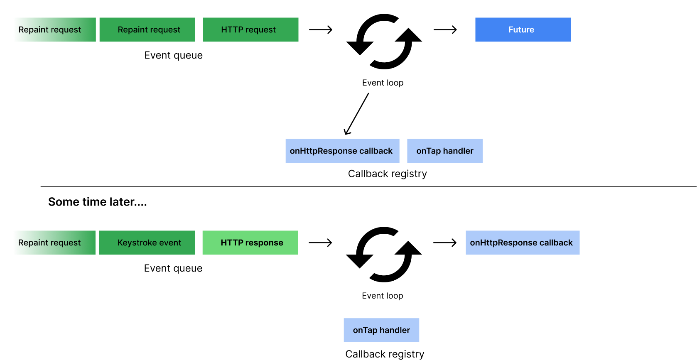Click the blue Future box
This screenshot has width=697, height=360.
[523, 29]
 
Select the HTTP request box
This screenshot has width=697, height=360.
[250, 29]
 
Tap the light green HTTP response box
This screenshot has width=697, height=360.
[250, 242]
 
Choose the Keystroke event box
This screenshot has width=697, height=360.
[147, 242]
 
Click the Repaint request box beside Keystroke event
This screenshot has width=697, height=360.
[54, 242]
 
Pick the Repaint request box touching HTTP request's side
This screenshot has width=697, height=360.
[147, 29]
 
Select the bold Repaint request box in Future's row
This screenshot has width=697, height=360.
[55, 29]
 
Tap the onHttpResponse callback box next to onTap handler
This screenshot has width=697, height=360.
[342, 151]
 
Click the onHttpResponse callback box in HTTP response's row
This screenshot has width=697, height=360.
[523, 242]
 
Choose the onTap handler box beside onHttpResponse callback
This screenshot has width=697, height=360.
[445, 151]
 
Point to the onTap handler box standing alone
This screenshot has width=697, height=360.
[381, 330]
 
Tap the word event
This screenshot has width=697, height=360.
[170, 242]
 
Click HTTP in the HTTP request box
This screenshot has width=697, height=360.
[232, 29]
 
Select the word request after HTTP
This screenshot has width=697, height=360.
[260, 29]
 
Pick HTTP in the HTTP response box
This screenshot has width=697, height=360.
[232, 242]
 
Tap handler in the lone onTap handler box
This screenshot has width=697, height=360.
[395, 330]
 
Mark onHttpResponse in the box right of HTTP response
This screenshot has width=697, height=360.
[503, 242]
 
